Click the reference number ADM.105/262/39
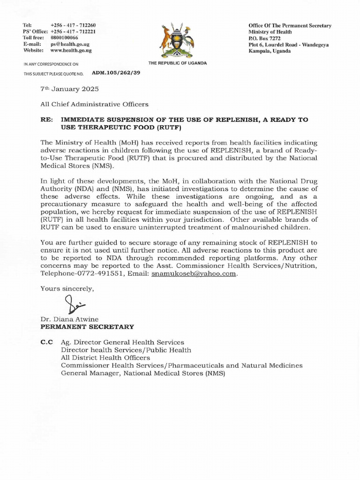point(112,73)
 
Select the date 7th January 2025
point(63,89)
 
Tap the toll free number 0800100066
point(64,37)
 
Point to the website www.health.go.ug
point(71,50)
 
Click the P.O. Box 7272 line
point(265,38)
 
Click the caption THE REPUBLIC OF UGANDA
point(177,63)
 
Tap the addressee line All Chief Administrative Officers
point(94,104)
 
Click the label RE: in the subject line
point(47,120)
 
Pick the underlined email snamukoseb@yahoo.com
point(194,273)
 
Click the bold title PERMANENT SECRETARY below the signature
point(87,327)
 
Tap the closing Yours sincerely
point(67,289)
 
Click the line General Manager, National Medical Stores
point(143,373)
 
